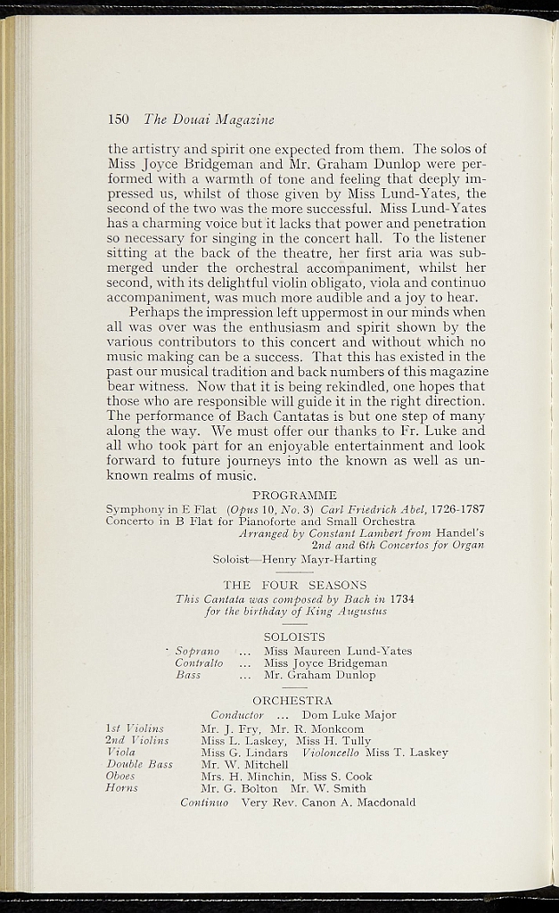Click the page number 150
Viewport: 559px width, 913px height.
tap(119, 119)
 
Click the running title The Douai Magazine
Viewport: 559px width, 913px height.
tap(209, 119)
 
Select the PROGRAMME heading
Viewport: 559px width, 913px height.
tap(294, 495)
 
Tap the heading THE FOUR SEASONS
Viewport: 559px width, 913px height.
tap(294, 585)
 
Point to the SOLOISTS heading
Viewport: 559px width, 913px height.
tap(294, 637)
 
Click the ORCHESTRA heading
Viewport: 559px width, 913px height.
tap(292, 701)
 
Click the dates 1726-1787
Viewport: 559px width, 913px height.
tap(455, 508)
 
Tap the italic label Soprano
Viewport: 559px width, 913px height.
tap(198, 651)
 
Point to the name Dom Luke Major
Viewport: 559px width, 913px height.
tap(349, 715)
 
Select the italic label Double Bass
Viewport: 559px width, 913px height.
tap(139, 764)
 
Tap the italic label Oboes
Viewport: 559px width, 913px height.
tap(120, 777)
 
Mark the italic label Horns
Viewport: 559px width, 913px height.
tap(121, 788)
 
